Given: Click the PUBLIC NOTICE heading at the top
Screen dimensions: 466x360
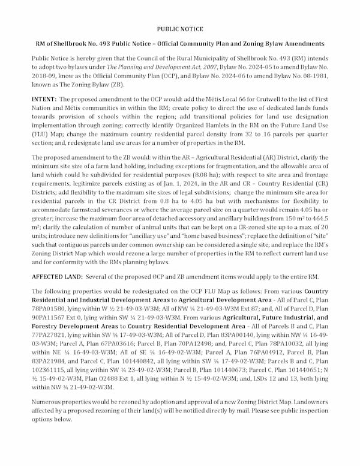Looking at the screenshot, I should [x=179, y=29].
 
